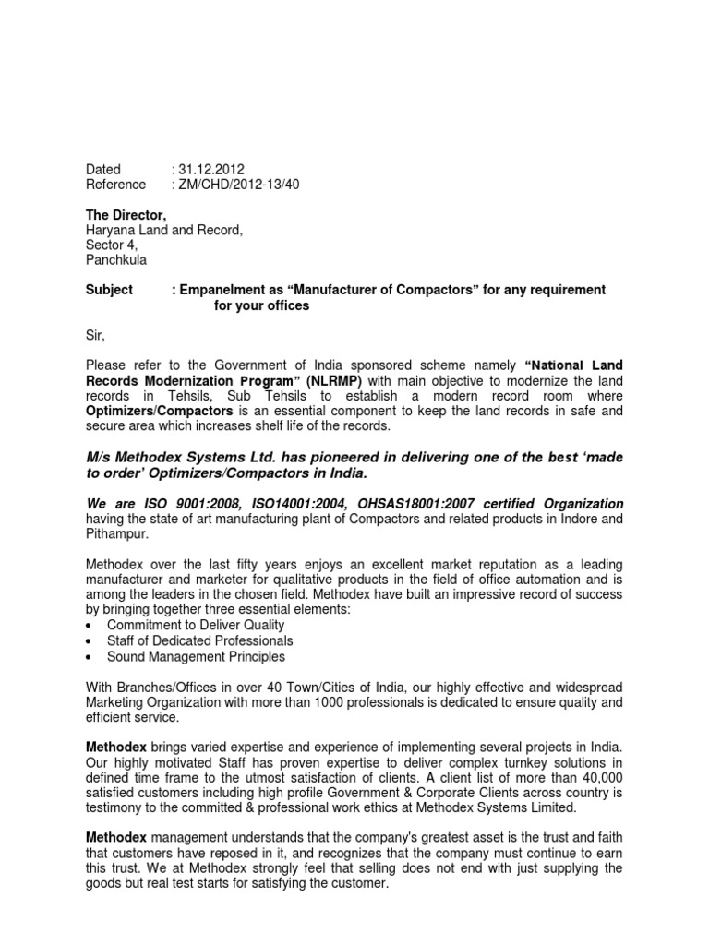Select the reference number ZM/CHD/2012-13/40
pos(239,185)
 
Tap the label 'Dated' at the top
pos(103,170)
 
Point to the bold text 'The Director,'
pos(126,214)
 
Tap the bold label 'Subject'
pos(110,290)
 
